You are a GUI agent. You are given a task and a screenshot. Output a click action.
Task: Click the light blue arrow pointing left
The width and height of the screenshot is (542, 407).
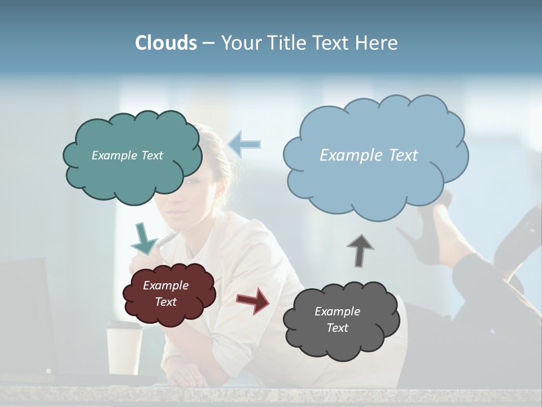244,144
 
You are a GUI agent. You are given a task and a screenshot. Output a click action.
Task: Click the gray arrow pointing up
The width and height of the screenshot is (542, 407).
360,249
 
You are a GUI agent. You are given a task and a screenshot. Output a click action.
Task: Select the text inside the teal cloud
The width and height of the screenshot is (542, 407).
127,155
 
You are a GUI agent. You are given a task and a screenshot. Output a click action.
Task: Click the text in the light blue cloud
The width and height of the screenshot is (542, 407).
369,155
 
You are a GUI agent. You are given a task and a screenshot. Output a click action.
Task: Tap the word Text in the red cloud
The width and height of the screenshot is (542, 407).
166,302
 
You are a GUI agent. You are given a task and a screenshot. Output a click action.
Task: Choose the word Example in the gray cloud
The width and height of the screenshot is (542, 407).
337,311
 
